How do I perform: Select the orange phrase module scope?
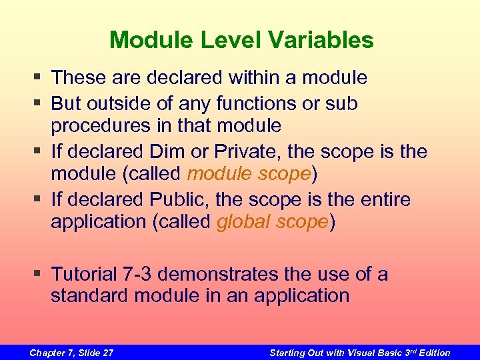click(x=249, y=173)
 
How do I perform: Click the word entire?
click(x=383, y=199)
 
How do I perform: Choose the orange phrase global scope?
click(x=272, y=221)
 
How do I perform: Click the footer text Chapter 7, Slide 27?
click(x=71, y=352)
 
